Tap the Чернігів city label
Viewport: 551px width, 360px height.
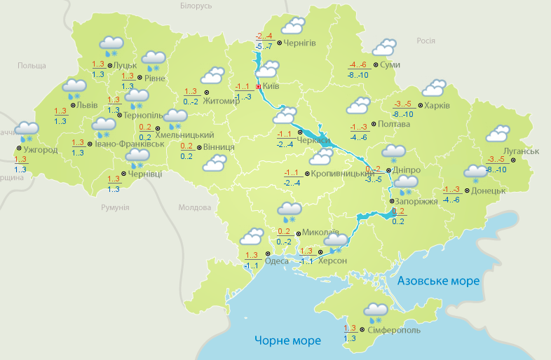point(300,43)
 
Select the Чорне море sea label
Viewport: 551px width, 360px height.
point(287,340)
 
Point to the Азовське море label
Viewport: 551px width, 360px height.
point(438,281)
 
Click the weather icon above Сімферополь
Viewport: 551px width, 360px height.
point(376,312)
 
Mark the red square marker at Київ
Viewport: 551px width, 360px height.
point(259,87)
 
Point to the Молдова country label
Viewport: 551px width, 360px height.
point(194,208)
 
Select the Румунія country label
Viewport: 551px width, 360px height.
point(115,208)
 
